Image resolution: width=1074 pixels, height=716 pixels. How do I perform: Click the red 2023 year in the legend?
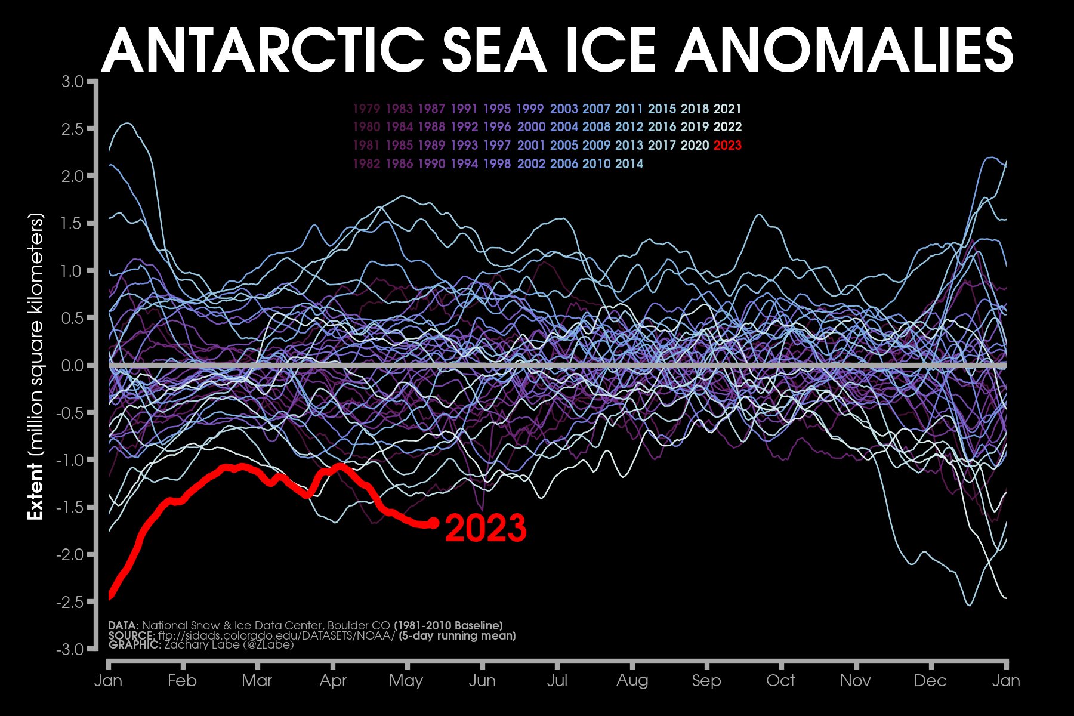pyautogui.click(x=727, y=145)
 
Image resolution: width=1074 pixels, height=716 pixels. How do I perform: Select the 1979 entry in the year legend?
pyautogui.click(x=366, y=109)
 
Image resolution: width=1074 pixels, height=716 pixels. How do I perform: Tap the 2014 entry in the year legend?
pyautogui.click(x=629, y=163)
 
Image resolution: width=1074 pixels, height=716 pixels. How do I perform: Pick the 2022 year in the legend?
pyautogui.click(x=727, y=127)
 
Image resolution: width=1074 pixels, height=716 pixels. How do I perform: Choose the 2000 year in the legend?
pyautogui.click(x=531, y=127)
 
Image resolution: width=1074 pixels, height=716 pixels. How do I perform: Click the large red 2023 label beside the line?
pyautogui.click(x=486, y=528)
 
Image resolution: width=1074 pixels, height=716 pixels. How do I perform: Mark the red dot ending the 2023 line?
pyautogui.click(x=434, y=523)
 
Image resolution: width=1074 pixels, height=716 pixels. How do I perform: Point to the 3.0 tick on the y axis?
pyautogui.click(x=73, y=81)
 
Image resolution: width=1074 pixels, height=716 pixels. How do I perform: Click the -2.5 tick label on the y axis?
pyautogui.click(x=70, y=602)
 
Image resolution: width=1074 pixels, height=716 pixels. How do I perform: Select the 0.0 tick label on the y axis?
pyautogui.click(x=73, y=365)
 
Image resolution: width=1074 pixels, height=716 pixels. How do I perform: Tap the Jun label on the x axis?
pyautogui.click(x=482, y=681)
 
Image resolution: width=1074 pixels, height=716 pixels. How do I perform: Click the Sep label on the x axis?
pyautogui.click(x=706, y=681)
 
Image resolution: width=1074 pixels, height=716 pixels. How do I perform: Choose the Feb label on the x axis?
pyautogui.click(x=182, y=681)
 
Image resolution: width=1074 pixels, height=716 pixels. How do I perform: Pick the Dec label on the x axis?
pyautogui.click(x=930, y=681)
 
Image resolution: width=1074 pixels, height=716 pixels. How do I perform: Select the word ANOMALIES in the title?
pyautogui.click(x=844, y=51)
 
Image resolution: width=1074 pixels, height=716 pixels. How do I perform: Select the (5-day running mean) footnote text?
pyautogui.click(x=457, y=635)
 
